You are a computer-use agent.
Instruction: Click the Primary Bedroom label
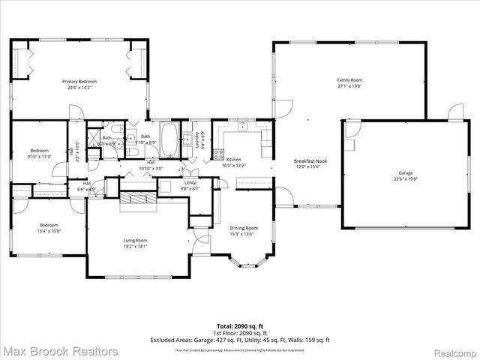79,81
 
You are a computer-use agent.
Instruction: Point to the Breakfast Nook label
308,160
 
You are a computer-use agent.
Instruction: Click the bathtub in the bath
171,140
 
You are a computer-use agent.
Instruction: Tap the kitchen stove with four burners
219,155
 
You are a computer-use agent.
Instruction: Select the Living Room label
136,241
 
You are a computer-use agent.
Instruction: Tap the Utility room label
190,182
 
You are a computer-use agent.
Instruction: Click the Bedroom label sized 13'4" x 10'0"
49,225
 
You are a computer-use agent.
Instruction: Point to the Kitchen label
234,160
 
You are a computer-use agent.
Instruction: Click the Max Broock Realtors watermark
60,351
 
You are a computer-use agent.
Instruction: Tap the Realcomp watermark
454,351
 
